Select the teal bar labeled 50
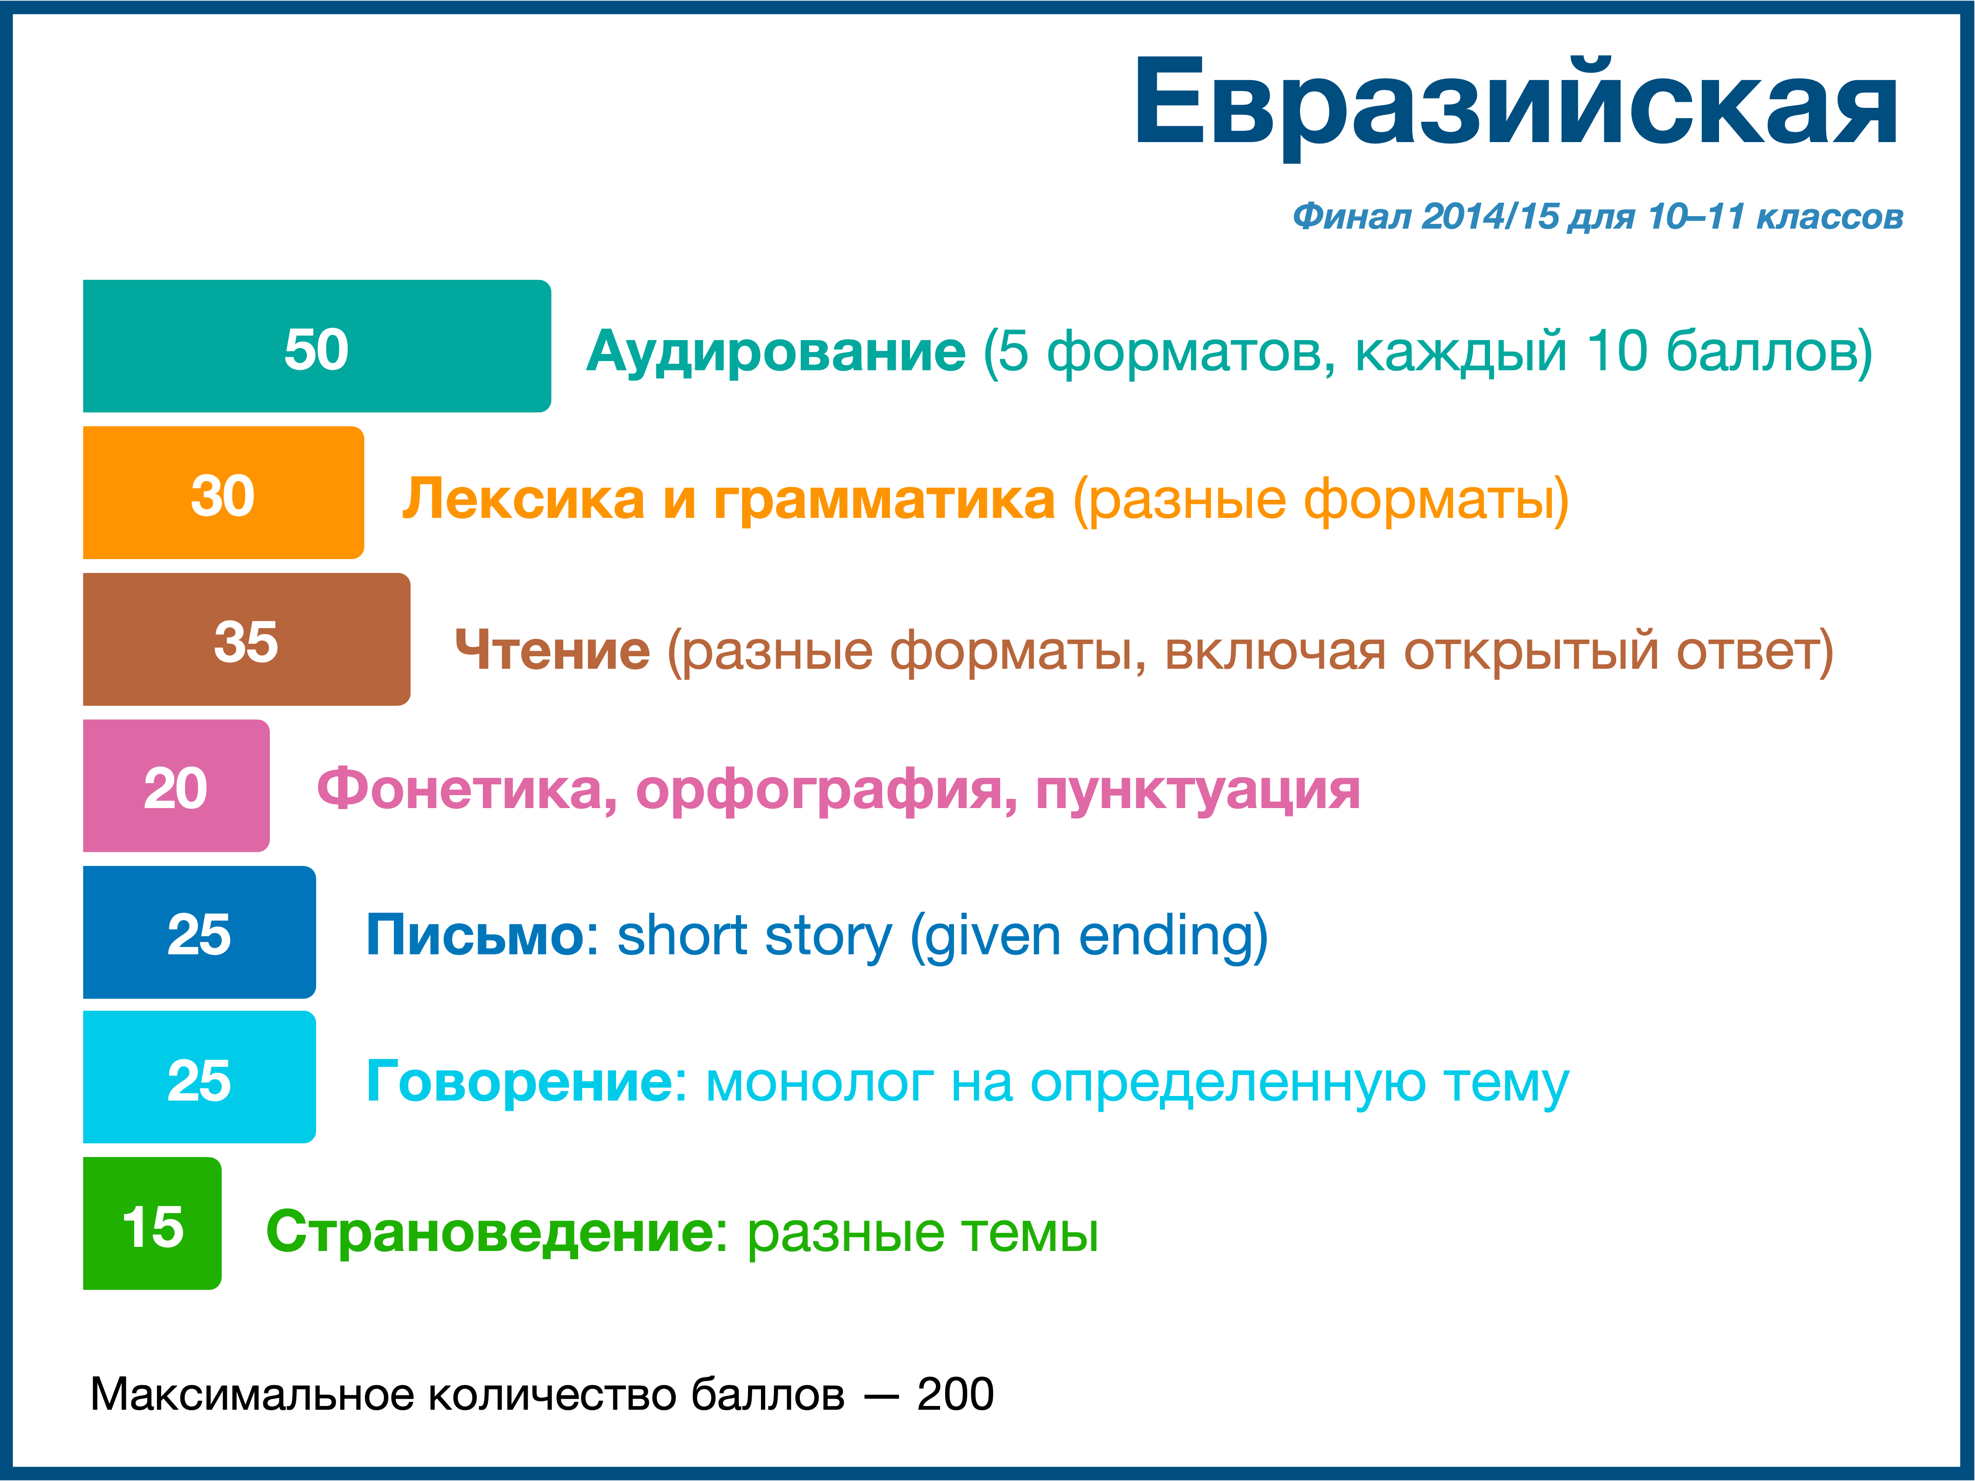pos(317,346)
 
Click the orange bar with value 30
pos(223,493)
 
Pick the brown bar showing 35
pos(246,639)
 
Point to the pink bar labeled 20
pos(176,785)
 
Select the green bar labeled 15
pos(152,1224)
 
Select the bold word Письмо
pos(476,935)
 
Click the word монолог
pos(820,1084)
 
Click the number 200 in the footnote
pos(955,1394)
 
